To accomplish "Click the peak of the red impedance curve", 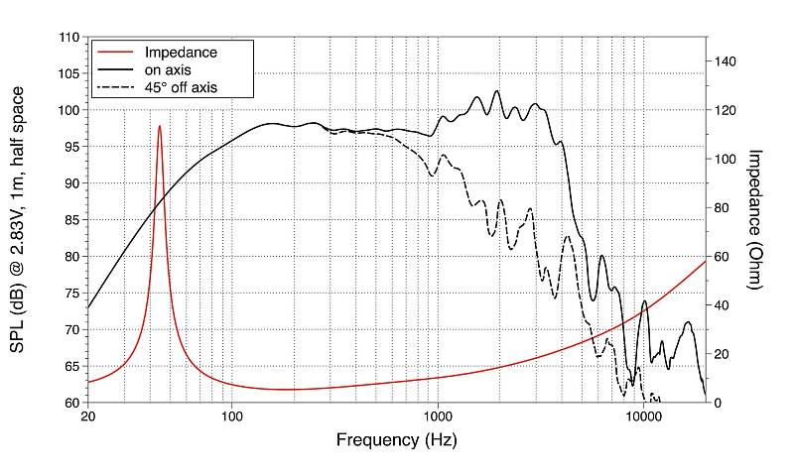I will click(159, 126).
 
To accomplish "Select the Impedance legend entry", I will click(181, 52).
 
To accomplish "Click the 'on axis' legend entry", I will click(167, 69).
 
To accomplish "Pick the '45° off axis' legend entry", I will click(181, 87).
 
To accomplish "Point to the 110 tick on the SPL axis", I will click(68, 38).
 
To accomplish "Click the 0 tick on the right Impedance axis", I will click(719, 403).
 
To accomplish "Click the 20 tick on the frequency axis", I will click(88, 416).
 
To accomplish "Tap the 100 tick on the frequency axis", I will click(231, 416).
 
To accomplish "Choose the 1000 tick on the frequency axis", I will click(438, 416).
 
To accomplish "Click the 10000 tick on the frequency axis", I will click(643, 416).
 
